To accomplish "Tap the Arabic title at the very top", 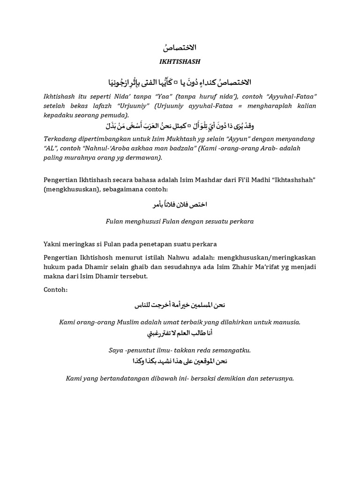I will point(180,48).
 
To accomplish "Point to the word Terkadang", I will point(60,139).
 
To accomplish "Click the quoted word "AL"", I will point(51,148).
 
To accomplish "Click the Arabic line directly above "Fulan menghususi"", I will point(180,205).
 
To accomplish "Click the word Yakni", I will point(53,244).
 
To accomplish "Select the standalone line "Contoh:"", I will point(55,290).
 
